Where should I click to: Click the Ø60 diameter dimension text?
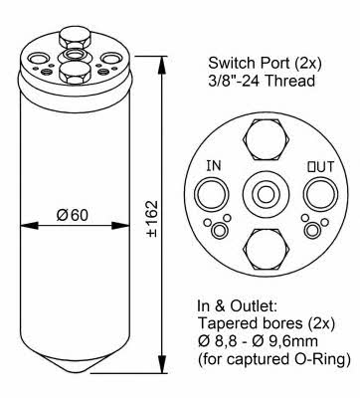(73, 216)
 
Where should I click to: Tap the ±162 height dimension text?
(152, 218)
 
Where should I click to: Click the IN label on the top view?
(214, 166)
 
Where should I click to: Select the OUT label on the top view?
(320, 167)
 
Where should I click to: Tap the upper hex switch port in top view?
(267, 139)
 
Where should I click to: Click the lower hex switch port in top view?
(267, 249)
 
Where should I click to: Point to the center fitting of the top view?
(267, 193)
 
